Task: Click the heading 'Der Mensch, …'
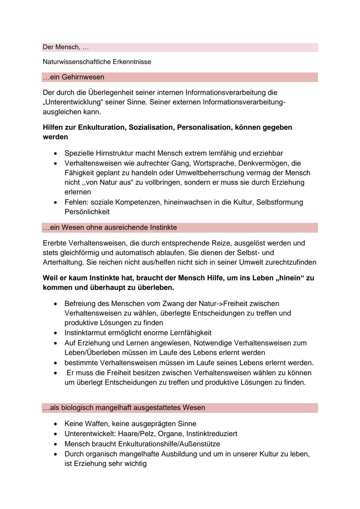[x=66, y=47]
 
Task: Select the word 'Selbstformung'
[x=279, y=202]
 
